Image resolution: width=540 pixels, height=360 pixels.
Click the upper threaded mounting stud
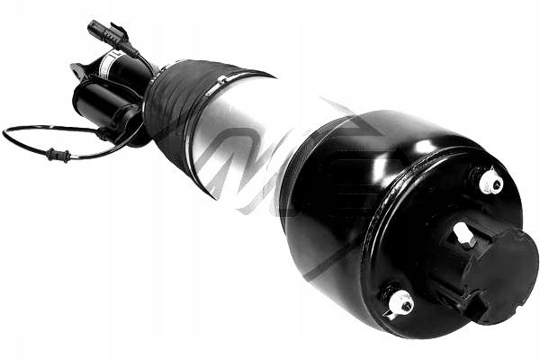[x=490, y=183]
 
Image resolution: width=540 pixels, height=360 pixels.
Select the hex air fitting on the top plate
[x=464, y=235]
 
